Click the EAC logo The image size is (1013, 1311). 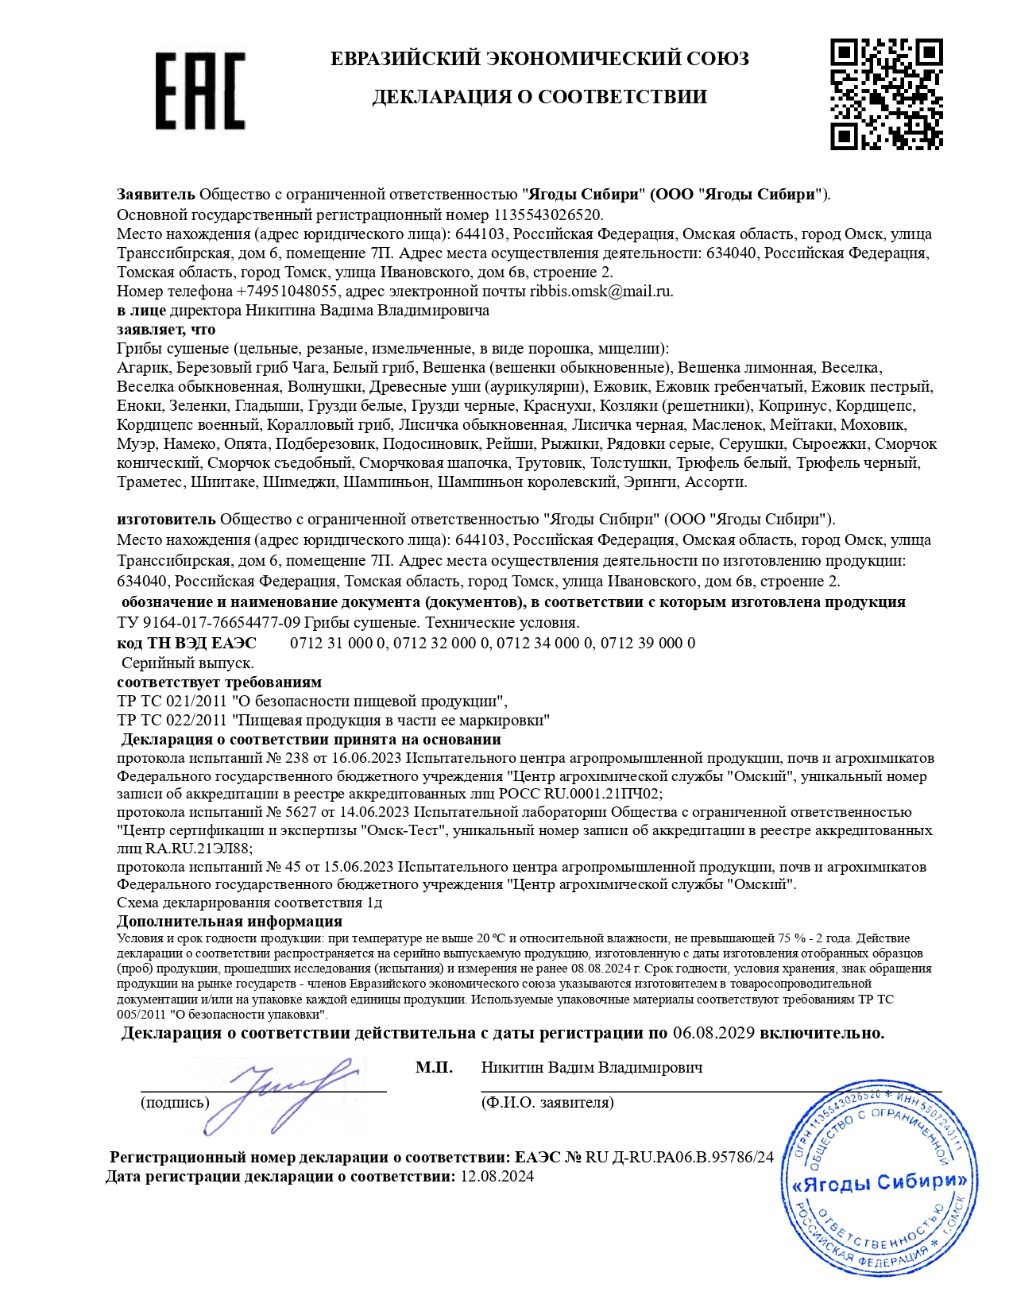[199, 91]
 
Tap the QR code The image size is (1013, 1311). [886, 94]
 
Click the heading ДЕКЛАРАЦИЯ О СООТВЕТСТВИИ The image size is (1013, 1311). [539, 97]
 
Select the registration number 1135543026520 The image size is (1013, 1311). [547, 215]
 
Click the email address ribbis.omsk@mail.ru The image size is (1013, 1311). [601, 291]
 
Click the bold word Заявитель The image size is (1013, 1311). [156, 194]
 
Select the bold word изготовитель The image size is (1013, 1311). [166, 520]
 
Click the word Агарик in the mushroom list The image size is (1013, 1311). [143, 367]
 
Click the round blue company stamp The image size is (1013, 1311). [876, 1181]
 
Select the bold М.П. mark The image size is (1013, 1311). [434, 1067]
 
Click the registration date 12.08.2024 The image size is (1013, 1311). [497, 1176]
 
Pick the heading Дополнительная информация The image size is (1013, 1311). [230, 922]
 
